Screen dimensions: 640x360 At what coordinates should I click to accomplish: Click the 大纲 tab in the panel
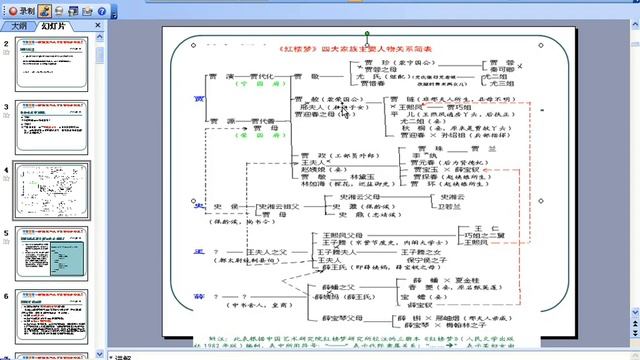point(19,26)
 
